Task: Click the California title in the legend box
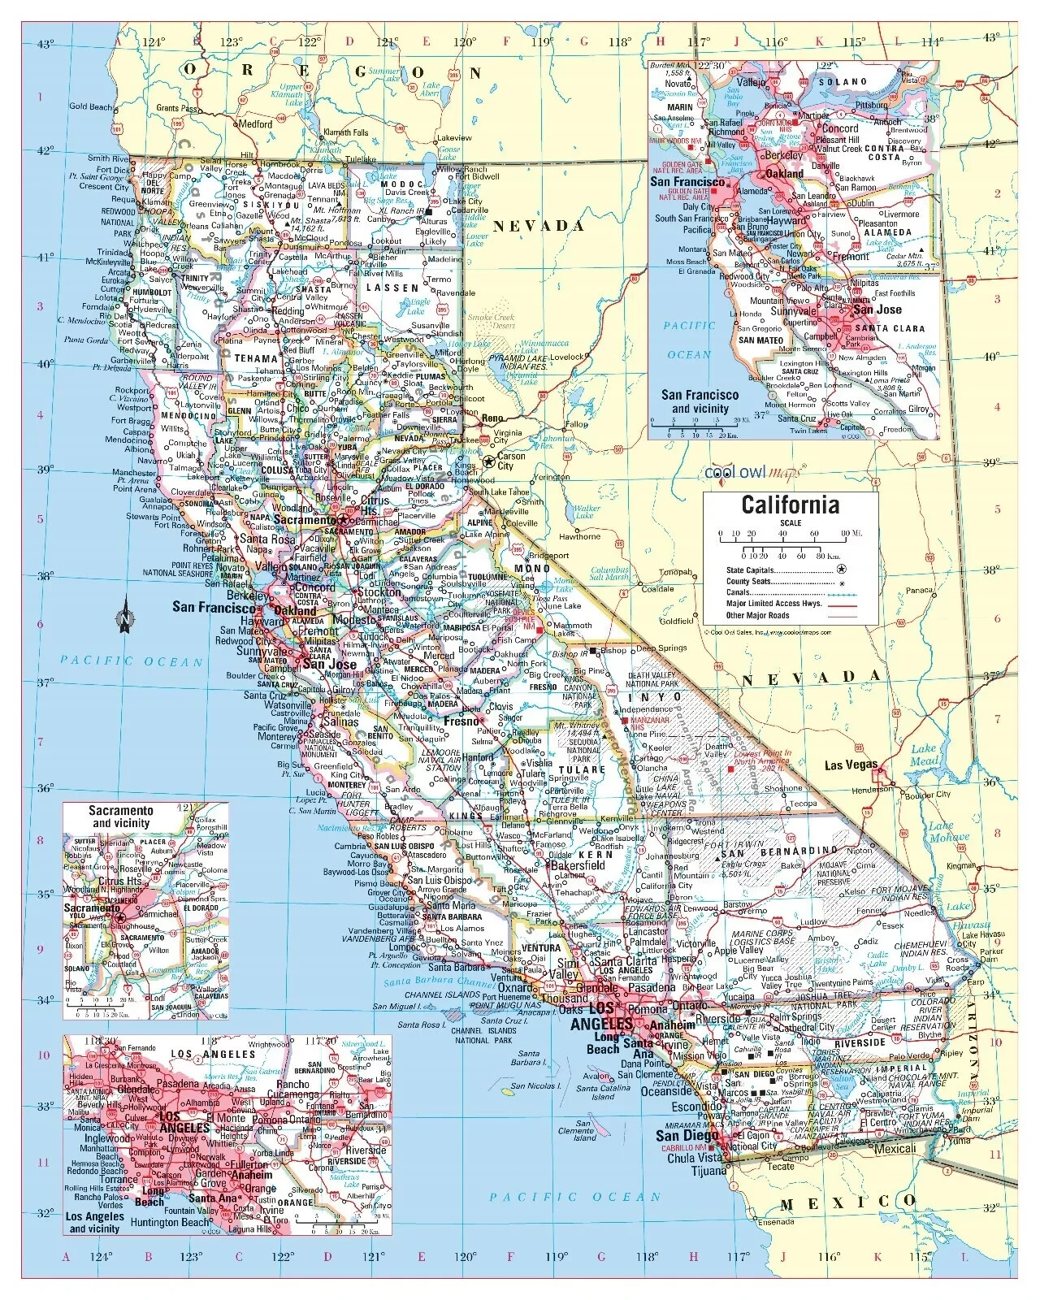790,505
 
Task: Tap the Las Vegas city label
851,765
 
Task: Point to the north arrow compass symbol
125,615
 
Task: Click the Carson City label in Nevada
511,461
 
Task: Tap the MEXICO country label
849,1202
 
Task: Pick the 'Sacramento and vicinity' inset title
121,817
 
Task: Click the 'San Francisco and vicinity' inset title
700,401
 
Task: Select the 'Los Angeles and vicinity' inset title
95,1222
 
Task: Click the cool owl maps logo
752,472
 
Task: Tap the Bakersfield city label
579,865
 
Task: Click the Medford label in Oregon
254,124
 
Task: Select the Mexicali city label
895,1149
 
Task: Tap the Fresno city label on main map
461,721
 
